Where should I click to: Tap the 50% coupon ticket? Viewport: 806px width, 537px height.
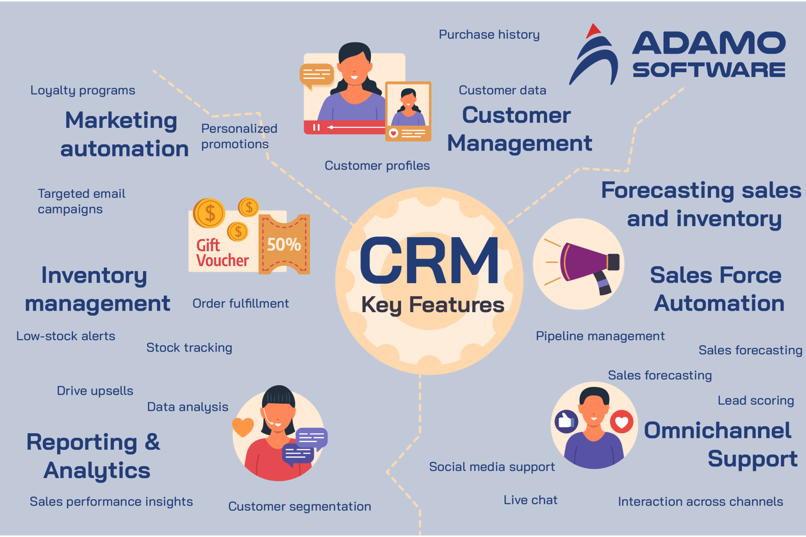(x=284, y=245)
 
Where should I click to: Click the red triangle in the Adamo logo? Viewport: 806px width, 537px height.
(x=593, y=31)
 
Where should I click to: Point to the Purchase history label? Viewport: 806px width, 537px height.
(x=489, y=35)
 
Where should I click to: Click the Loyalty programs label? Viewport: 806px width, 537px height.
(x=83, y=90)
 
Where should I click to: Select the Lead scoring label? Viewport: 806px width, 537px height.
(x=756, y=401)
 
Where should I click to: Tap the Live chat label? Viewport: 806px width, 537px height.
(x=531, y=500)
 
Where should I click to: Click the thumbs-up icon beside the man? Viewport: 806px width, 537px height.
(x=566, y=421)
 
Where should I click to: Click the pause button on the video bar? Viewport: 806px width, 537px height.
(x=316, y=127)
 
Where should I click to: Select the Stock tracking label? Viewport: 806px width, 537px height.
(x=189, y=348)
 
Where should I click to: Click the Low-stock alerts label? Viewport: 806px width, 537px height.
(x=66, y=336)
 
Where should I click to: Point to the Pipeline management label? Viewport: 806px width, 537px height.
(x=600, y=336)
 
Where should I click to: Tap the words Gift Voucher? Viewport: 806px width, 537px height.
(x=222, y=253)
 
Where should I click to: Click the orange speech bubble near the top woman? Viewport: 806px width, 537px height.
(x=316, y=75)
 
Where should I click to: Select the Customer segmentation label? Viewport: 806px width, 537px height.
(x=299, y=506)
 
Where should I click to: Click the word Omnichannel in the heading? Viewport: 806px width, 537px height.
(x=717, y=430)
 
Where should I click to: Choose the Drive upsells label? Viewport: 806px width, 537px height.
(x=95, y=391)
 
